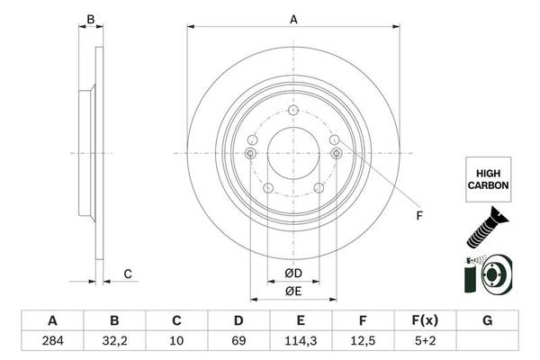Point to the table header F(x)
pos(425,320)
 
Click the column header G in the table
pos(487,320)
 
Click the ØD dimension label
pos(292,273)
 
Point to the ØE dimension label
pos(292,291)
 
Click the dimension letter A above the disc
pos(292,17)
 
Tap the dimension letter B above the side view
pos(89,17)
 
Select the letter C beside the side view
pos(128,274)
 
